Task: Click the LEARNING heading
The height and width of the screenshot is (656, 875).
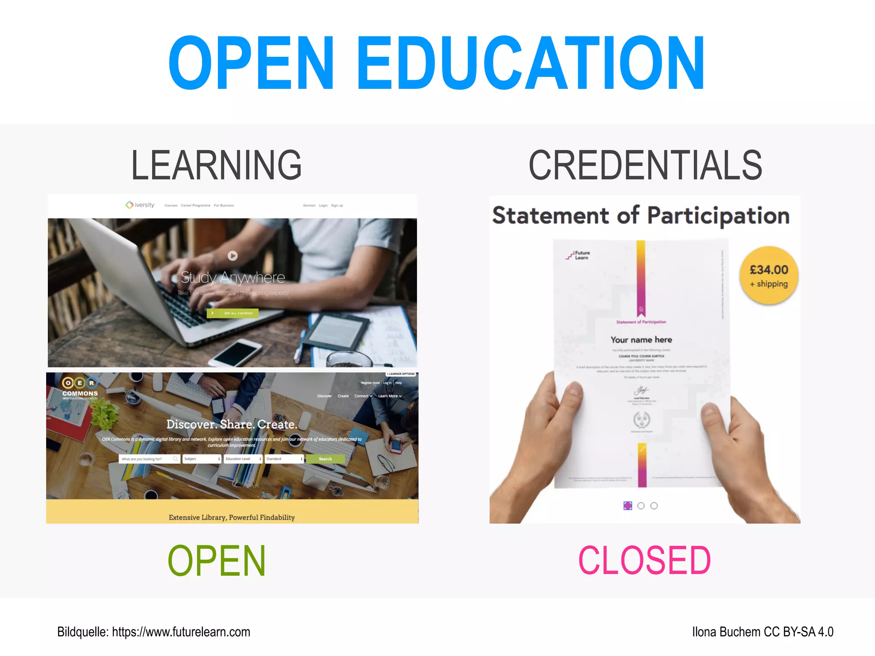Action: coord(216,166)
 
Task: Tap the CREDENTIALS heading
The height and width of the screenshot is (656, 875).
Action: coord(645,166)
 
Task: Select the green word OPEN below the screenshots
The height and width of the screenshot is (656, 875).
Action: coord(217,560)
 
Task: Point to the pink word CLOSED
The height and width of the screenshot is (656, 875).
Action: coord(644,560)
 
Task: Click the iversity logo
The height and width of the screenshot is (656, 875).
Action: coord(140,205)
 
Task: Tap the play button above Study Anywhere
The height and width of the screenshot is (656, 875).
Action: coord(232,255)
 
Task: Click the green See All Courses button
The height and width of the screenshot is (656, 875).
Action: coord(233,313)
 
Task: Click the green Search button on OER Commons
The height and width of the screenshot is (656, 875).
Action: coord(325,459)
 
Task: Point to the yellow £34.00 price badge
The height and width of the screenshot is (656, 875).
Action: coord(769,275)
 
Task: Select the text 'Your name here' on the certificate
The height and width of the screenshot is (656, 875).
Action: coord(641,340)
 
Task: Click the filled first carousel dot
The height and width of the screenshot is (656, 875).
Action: coord(628,506)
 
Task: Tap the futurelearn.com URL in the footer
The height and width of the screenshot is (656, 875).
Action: coord(181,632)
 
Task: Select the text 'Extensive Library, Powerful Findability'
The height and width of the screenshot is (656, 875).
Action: coord(232,517)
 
